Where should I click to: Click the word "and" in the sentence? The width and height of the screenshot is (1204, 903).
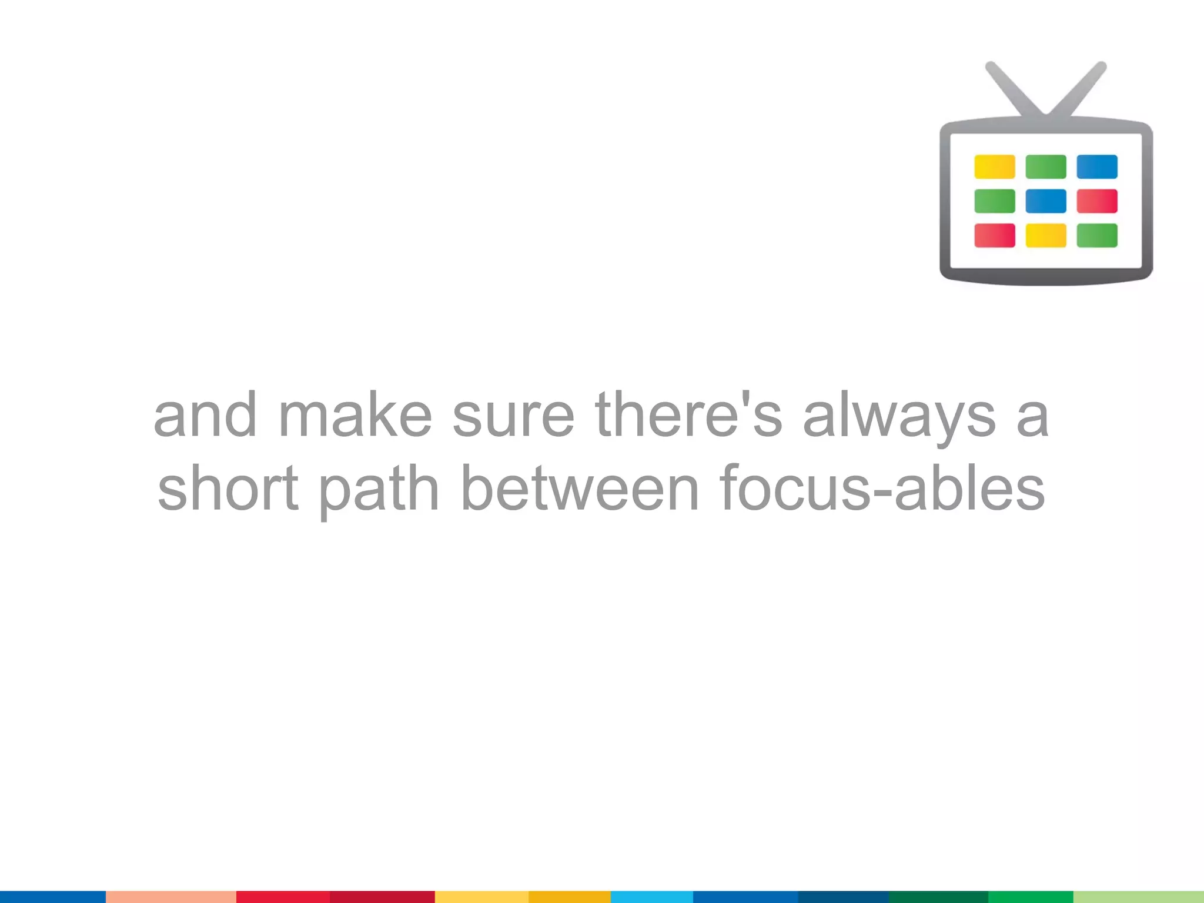205,416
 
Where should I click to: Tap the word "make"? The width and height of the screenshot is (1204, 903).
355,416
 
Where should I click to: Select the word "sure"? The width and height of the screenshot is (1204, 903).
513,416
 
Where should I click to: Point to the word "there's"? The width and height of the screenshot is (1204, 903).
688,416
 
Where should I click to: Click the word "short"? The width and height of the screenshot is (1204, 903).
228,489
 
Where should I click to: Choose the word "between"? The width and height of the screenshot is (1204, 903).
580,489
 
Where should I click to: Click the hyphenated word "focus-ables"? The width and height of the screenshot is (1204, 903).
882,489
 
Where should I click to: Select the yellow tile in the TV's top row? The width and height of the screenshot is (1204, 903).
994,167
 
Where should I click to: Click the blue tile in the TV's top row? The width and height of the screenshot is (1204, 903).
1097,167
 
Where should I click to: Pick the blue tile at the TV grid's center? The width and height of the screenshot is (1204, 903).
1046,201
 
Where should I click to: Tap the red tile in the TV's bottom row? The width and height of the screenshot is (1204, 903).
994,236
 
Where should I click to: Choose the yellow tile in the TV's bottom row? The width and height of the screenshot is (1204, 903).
1046,236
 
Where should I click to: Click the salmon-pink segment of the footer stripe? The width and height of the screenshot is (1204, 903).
170,897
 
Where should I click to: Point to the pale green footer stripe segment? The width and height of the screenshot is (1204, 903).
1139,897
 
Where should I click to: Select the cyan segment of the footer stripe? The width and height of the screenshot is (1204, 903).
651,897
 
